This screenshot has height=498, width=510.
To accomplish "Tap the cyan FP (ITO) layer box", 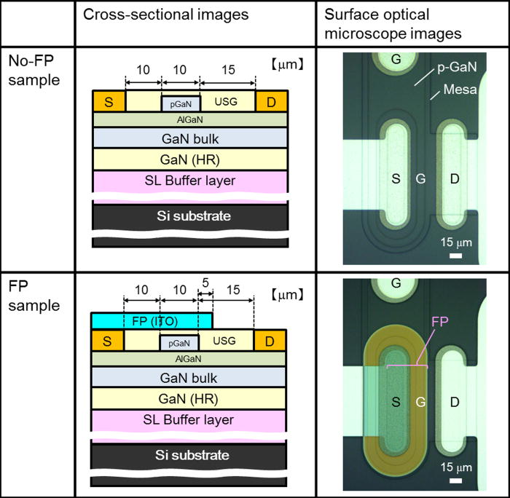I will coord(152,320).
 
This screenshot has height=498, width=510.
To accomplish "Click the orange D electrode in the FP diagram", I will coord(270,340).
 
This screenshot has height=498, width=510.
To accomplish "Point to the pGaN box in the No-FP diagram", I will coord(180,104).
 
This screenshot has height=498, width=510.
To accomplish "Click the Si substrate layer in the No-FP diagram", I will coord(189,216).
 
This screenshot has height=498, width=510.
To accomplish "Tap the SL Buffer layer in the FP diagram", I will coord(188,419).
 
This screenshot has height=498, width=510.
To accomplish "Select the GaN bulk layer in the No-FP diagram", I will coord(189,137).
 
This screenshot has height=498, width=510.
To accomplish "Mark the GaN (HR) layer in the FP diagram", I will coord(188,398).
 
